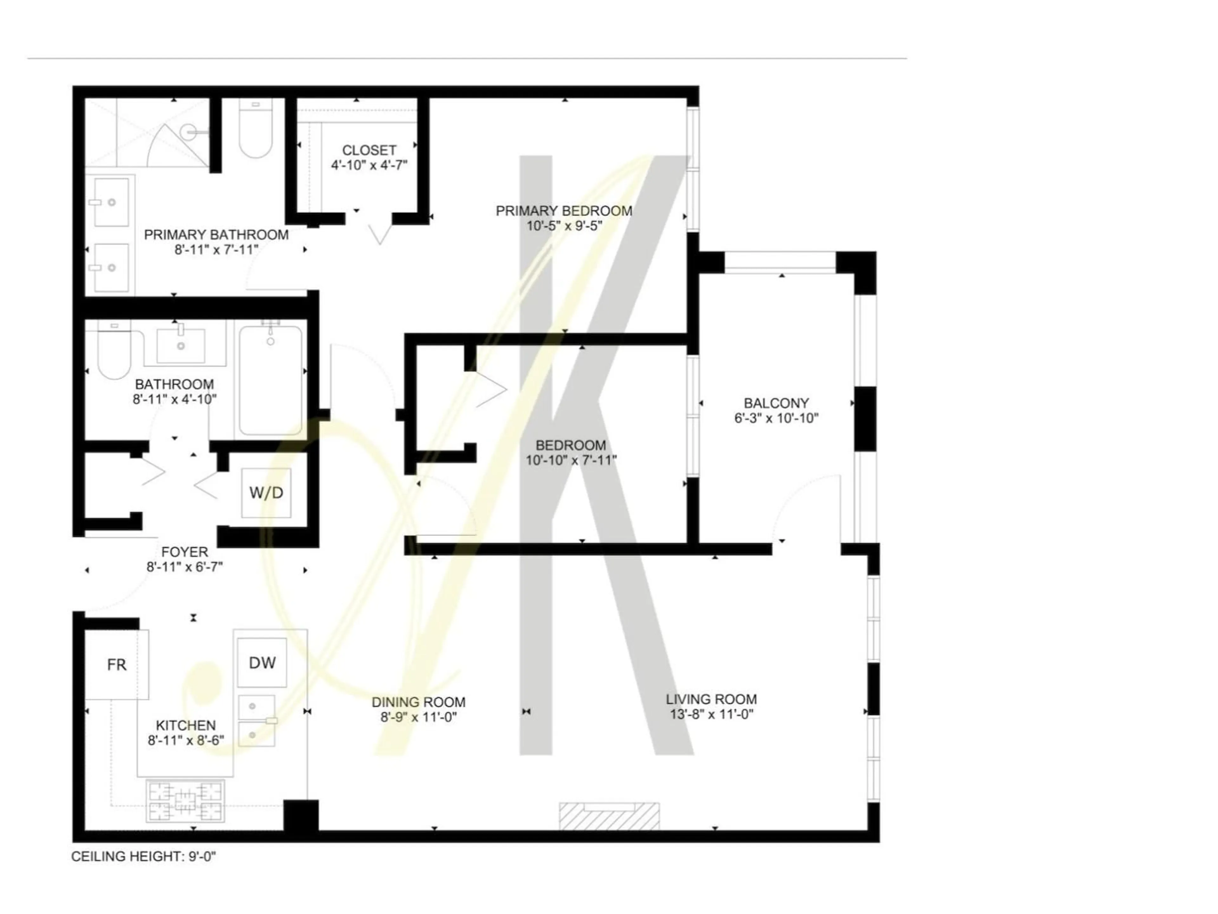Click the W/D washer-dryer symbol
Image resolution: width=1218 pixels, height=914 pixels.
point(266,493)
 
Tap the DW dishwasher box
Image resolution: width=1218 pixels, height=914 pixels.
point(262,663)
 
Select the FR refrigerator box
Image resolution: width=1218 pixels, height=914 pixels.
point(116,665)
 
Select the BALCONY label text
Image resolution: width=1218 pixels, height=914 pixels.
point(776,403)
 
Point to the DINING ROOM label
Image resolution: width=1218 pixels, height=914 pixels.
point(418,702)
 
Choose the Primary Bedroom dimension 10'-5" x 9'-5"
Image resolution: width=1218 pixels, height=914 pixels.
point(564,226)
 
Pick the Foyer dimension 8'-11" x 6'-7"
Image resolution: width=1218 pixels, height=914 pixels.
point(185,567)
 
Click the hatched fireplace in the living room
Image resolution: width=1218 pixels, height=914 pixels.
point(609,816)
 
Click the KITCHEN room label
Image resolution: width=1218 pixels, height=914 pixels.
point(186,725)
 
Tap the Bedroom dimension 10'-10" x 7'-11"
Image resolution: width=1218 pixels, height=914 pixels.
point(571,460)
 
